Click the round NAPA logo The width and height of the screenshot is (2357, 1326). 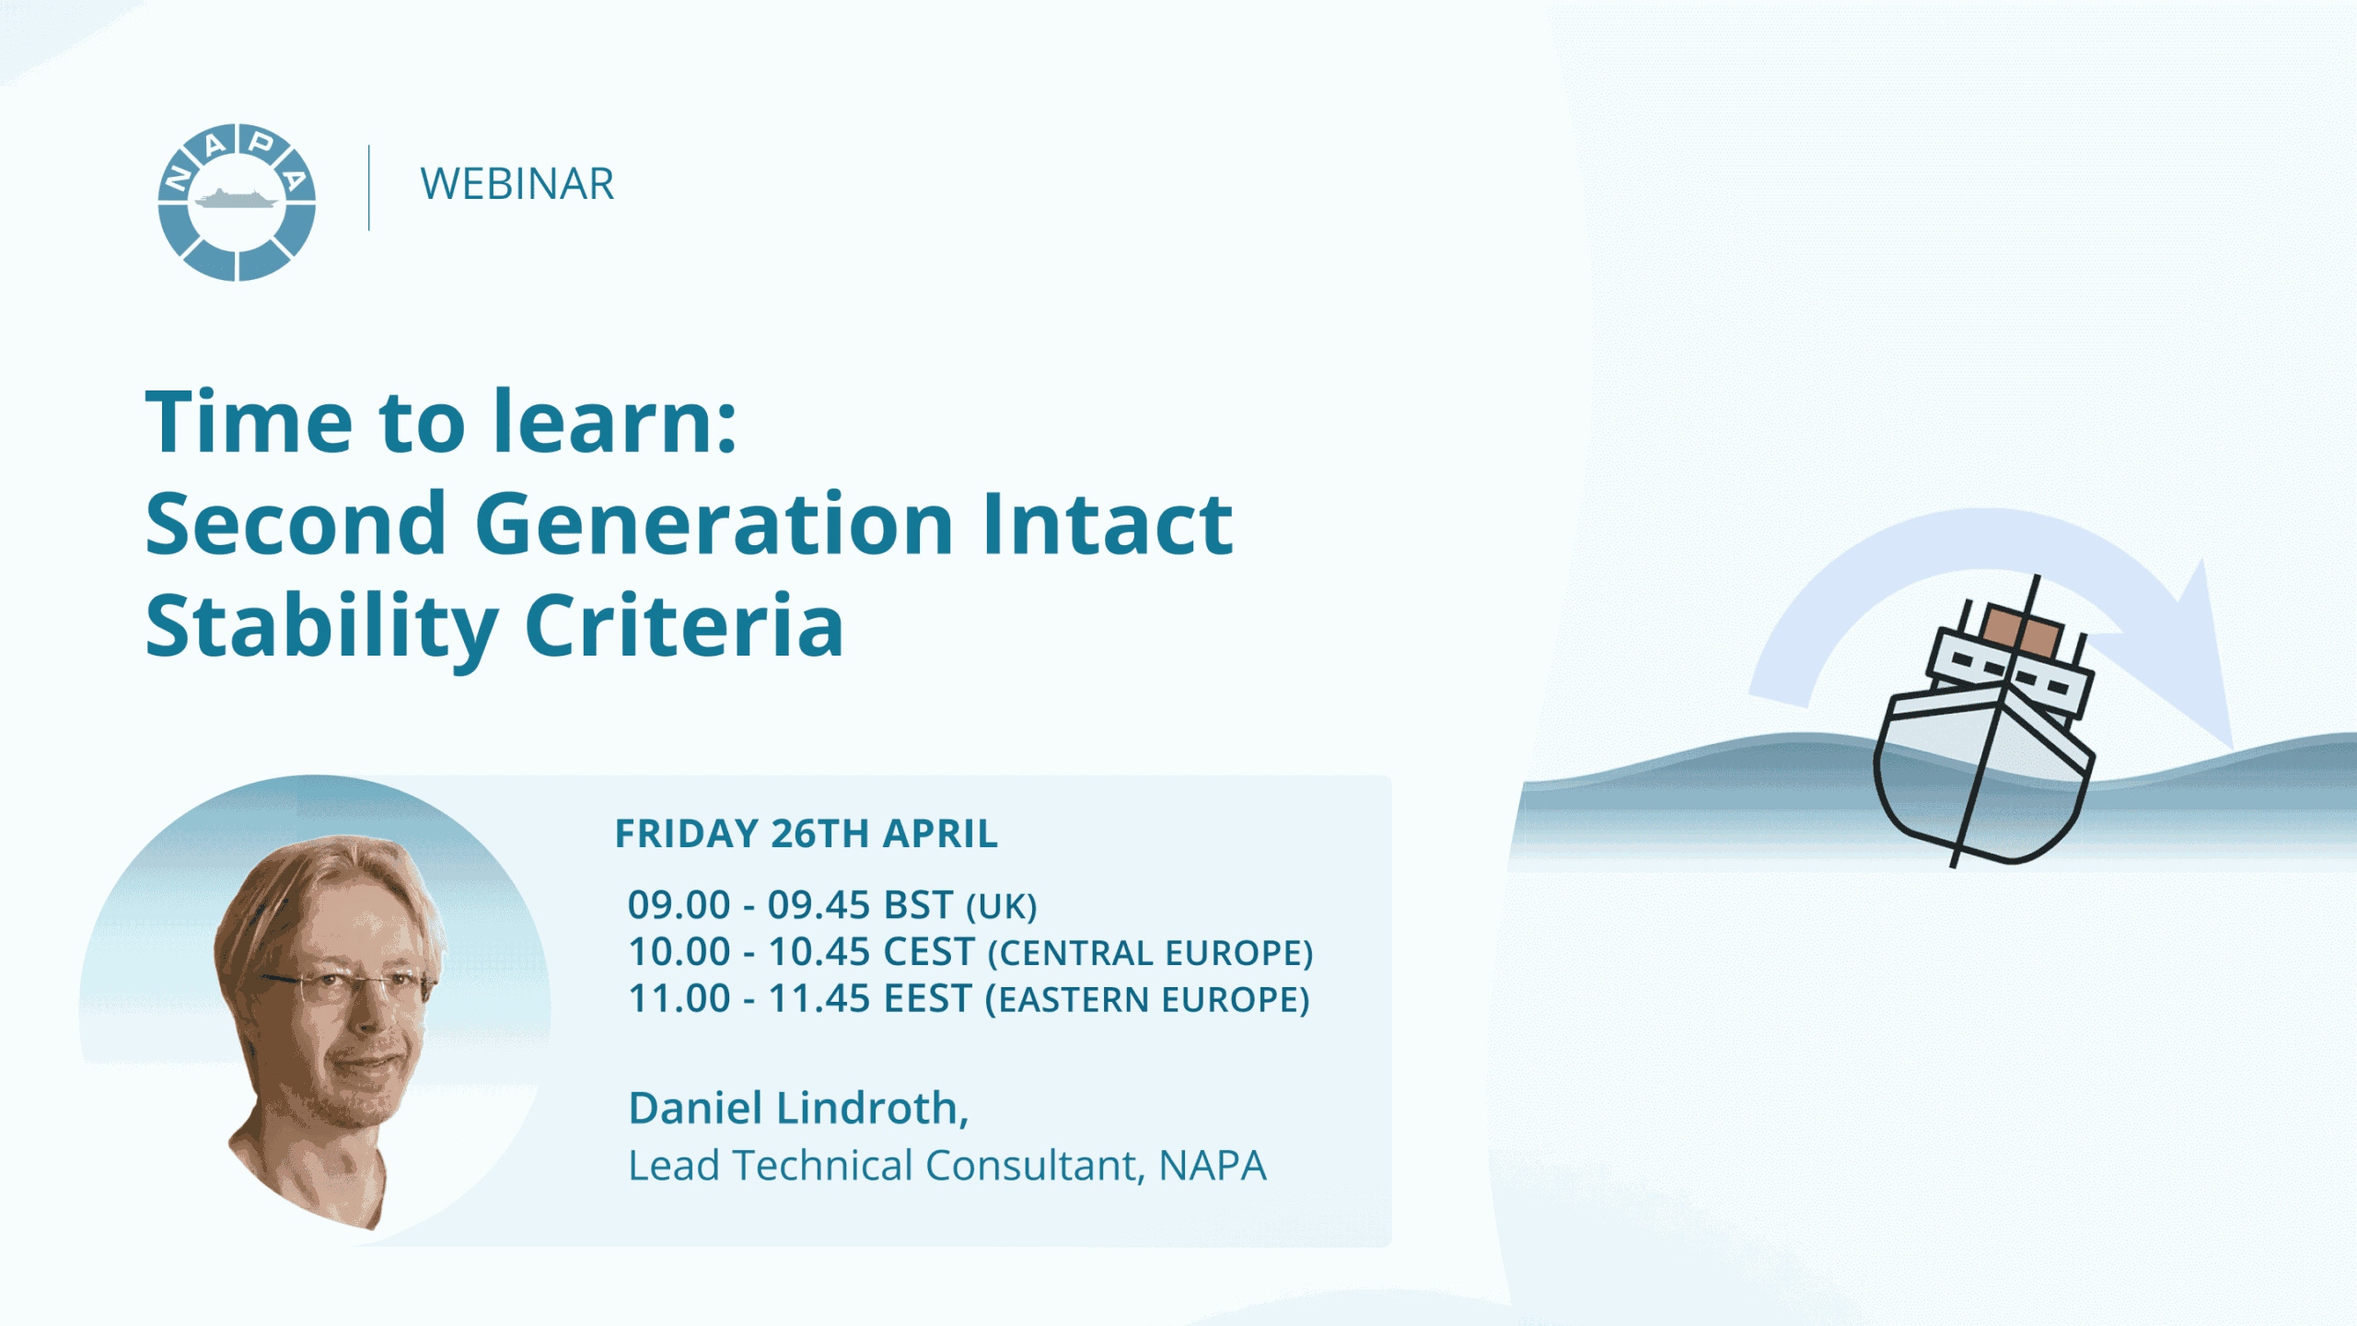pos(238,203)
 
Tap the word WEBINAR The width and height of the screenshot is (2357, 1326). pos(517,184)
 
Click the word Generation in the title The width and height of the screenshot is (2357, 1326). pos(714,525)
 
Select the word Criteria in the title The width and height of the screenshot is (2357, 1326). pos(684,626)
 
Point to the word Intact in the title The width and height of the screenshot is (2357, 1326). pos(1108,524)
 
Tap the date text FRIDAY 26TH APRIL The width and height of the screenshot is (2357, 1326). pos(807,834)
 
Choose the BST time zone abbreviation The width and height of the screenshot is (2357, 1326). pos(918,905)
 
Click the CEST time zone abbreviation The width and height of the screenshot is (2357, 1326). pos(929,952)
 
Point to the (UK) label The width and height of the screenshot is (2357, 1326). pos(1002,907)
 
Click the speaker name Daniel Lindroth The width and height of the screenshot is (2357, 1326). pos(798,1108)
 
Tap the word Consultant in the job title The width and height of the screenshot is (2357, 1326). pos(1035,1166)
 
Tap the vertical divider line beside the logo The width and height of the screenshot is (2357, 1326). pos(369,188)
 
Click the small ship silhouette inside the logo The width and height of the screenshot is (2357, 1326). pos(237,198)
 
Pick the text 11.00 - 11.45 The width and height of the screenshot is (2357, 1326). pos(749,999)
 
